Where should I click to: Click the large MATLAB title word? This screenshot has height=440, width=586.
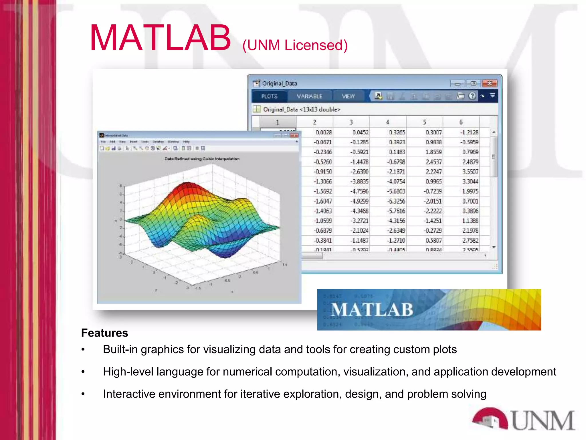click(x=160, y=38)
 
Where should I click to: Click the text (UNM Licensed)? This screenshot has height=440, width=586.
click(x=295, y=45)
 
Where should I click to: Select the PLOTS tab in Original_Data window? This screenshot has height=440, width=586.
click(x=269, y=96)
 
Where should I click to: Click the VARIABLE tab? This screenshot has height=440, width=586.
click(x=309, y=96)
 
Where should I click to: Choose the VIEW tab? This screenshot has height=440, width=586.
click(x=348, y=96)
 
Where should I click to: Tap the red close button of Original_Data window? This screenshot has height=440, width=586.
click(x=490, y=83)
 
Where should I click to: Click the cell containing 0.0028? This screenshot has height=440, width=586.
click(x=323, y=132)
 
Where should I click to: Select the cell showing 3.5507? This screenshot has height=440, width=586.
click(x=470, y=172)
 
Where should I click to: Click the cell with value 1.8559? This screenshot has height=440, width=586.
click(x=433, y=152)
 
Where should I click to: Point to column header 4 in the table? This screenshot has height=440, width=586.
click(x=387, y=122)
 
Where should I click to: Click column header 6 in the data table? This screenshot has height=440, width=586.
click(x=461, y=122)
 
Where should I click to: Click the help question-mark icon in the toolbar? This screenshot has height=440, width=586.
click(x=472, y=96)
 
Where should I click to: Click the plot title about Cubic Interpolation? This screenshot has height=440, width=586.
click(x=202, y=159)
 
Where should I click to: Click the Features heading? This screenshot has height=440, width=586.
click(x=104, y=333)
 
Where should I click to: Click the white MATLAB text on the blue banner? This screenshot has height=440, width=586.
click(x=372, y=310)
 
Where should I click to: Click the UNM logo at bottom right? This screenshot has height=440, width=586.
click(x=524, y=420)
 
